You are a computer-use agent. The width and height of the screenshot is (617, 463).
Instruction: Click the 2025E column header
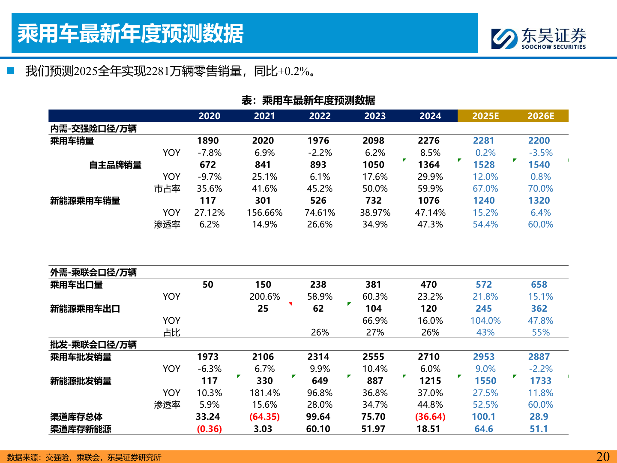coord(485,116)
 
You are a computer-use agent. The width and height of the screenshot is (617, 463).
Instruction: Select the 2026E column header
coord(541,116)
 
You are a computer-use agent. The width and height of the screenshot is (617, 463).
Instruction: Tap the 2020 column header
coord(210,116)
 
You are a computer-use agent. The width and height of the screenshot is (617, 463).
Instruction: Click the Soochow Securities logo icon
coord(504,39)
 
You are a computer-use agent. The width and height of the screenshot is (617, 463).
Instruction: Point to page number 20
coord(603,457)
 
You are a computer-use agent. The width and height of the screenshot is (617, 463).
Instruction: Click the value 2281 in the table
coord(484,141)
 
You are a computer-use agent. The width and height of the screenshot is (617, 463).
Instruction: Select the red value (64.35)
coord(264,417)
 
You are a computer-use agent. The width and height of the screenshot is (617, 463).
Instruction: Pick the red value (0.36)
coord(209,429)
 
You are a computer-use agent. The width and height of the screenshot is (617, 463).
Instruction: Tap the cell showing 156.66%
coord(264,213)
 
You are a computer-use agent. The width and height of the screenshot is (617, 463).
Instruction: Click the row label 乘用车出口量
coord(76,285)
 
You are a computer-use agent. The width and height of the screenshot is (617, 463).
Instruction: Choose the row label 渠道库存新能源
coord(81,429)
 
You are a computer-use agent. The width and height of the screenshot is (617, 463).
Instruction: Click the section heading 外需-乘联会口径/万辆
coord(93,273)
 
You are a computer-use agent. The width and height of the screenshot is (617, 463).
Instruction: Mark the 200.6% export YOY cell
coord(264,297)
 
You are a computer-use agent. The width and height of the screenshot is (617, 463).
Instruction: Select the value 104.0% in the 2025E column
coord(485,321)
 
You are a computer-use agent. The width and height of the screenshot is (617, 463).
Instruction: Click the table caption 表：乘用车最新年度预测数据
coord(308,100)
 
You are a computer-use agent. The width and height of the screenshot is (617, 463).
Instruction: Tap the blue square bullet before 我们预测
coord(11,71)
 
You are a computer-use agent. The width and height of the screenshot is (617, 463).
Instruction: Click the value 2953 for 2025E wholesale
coord(484,357)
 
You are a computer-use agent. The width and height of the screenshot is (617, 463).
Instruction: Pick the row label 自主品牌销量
coord(115,165)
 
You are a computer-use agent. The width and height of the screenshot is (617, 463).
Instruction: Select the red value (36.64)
coord(430,417)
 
